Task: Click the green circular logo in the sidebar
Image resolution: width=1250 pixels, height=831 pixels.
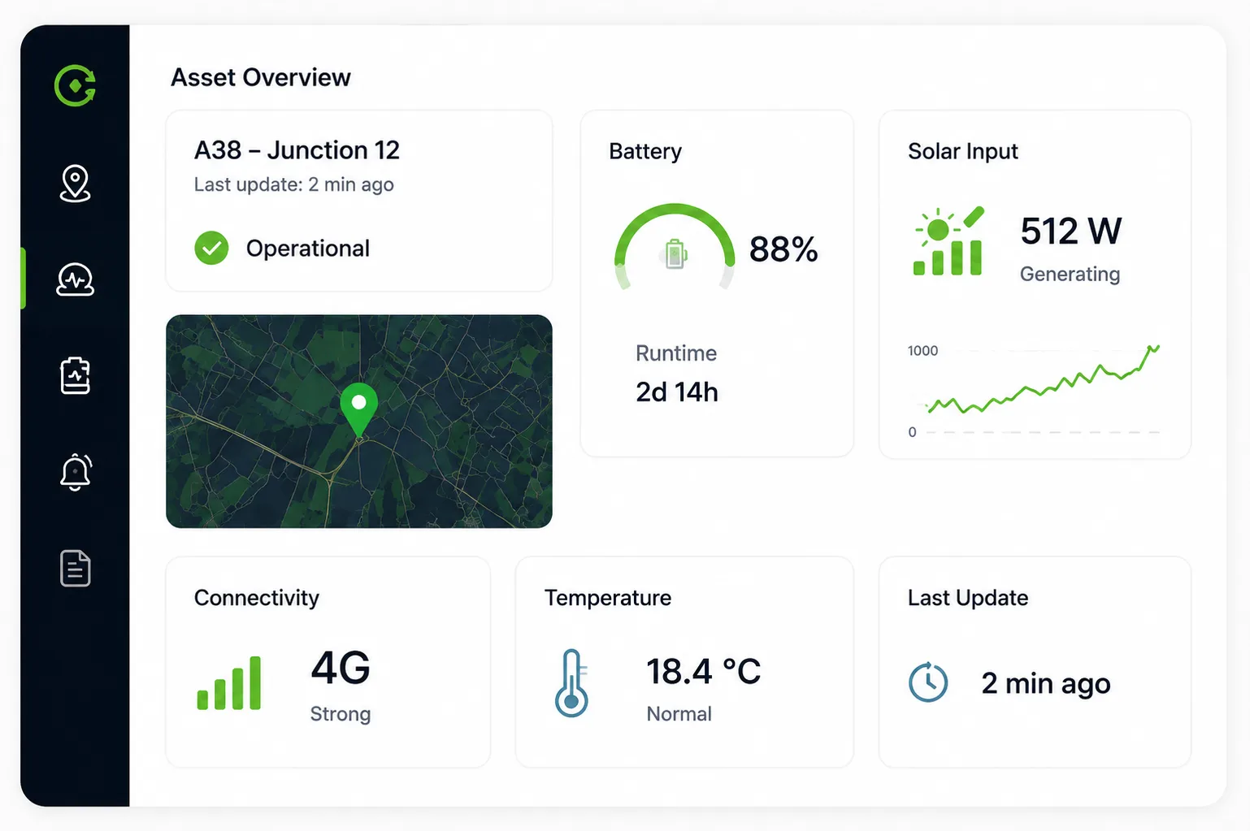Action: [76, 85]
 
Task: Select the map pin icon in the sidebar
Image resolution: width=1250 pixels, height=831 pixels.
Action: [75, 183]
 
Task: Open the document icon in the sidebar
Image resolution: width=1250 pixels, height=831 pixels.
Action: [76, 569]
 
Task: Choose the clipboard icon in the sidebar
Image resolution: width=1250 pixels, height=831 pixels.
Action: [76, 376]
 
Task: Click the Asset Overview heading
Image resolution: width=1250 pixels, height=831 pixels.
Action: [261, 77]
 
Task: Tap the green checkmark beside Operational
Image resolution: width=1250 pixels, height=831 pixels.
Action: [211, 248]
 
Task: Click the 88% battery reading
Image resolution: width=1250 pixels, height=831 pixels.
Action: [783, 249]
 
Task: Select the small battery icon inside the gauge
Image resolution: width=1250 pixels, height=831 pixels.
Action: [675, 254]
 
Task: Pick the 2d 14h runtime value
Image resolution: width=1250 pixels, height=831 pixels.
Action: [677, 392]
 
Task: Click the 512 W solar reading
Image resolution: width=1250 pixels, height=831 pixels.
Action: [1071, 231]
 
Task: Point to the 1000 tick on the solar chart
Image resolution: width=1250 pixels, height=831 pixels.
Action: [923, 351]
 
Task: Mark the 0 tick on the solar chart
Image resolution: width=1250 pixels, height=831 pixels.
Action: [913, 432]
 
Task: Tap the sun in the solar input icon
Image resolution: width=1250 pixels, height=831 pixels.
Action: [938, 229]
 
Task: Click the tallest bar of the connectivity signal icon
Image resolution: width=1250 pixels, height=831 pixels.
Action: [255, 682]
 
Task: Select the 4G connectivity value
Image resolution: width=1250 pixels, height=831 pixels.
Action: [341, 668]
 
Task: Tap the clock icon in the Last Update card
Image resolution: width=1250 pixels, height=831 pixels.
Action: [928, 682]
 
